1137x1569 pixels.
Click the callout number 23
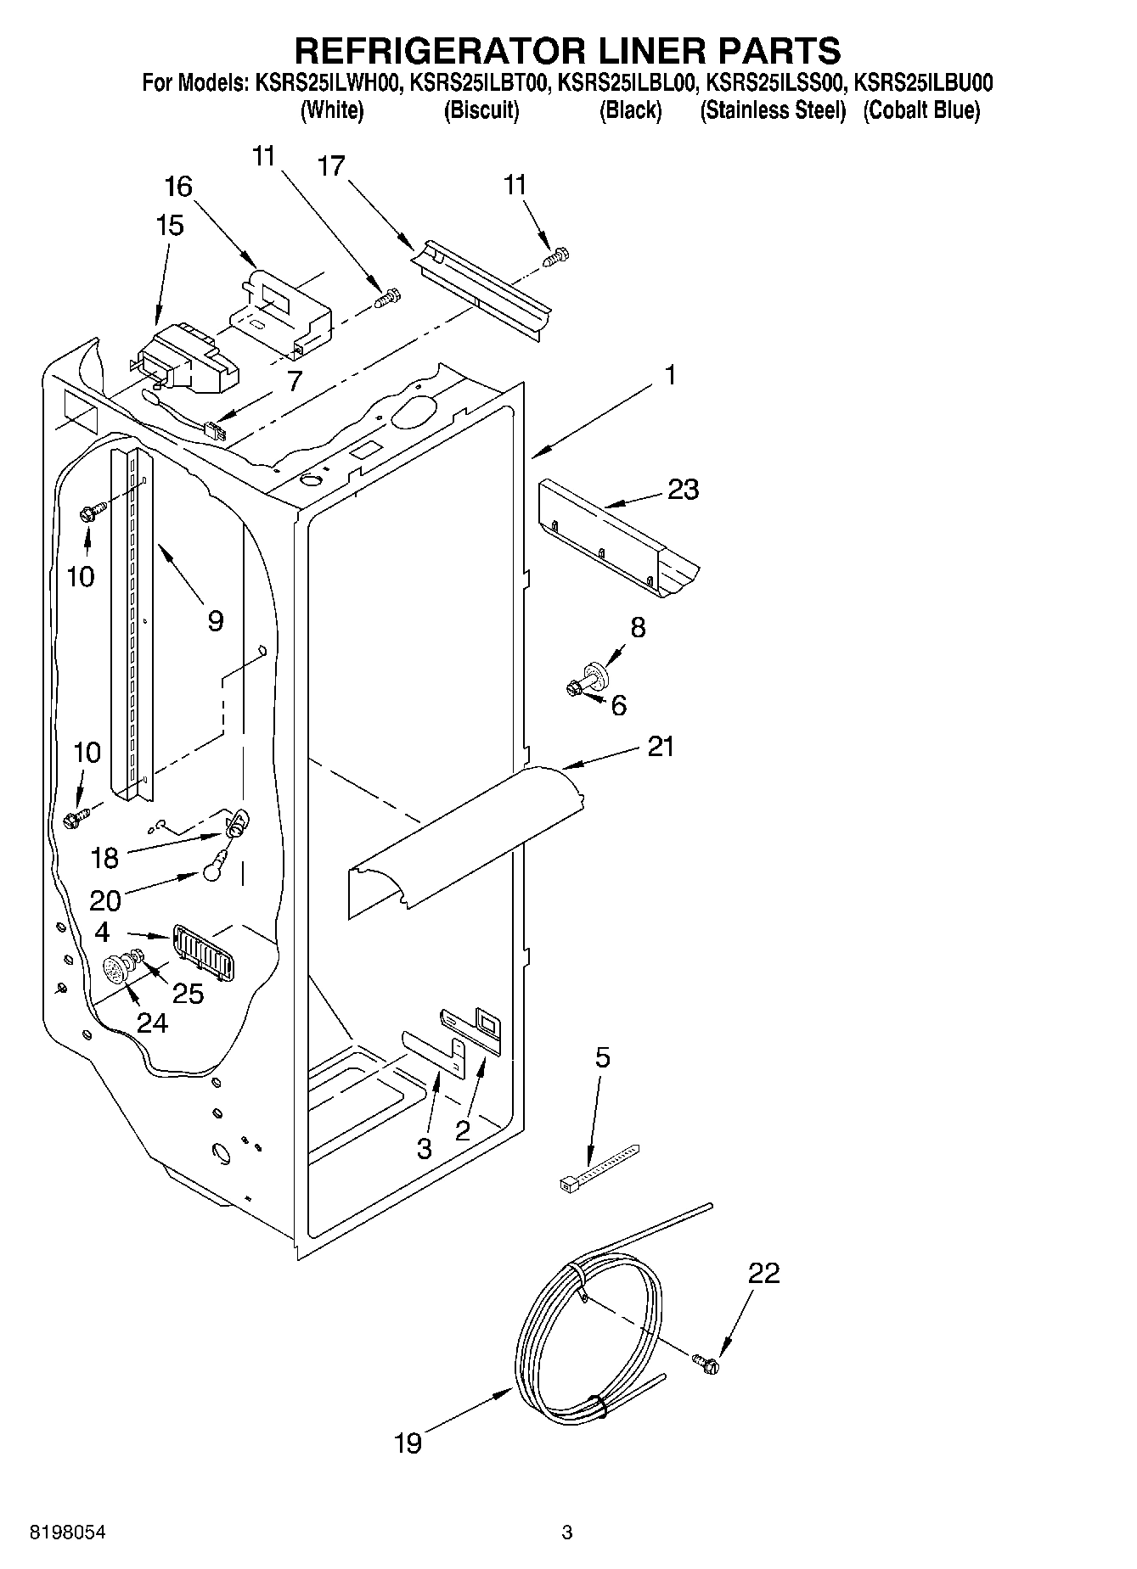[683, 490]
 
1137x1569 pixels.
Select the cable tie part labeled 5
[599, 1167]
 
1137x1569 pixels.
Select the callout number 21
[661, 747]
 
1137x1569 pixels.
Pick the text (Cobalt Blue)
[921, 110]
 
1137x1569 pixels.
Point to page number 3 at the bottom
[567, 1532]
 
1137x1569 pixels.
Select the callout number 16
[178, 186]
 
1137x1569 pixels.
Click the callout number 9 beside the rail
[215, 621]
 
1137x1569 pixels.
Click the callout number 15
[170, 226]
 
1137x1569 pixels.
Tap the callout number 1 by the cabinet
[670, 374]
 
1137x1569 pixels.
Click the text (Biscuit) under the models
[481, 110]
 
